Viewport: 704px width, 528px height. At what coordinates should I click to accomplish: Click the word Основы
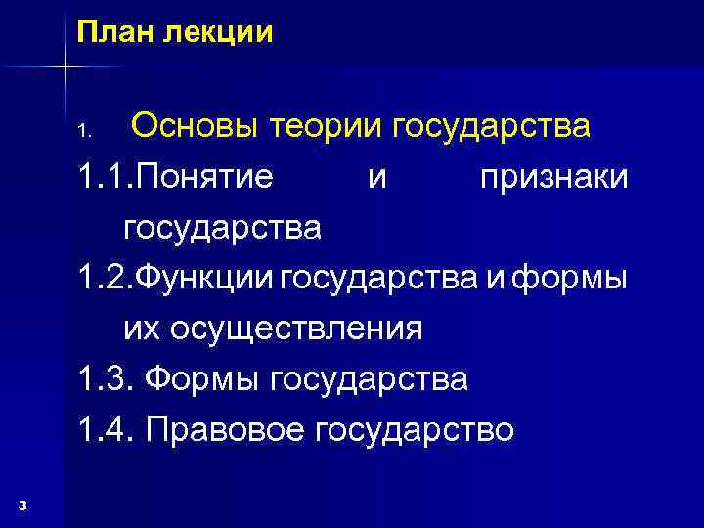[x=196, y=126]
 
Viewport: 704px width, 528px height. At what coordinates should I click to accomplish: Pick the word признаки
[x=554, y=178]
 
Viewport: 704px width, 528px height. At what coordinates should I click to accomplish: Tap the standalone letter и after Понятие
[x=376, y=179]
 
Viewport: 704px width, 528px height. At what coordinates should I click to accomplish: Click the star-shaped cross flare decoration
[x=65, y=66]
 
